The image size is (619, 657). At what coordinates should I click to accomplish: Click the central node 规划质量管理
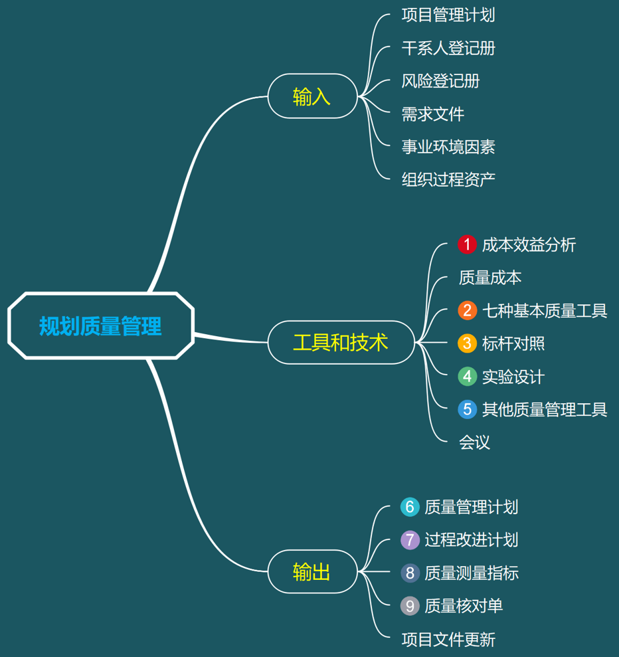click(100, 326)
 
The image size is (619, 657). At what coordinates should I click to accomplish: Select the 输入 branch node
click(312, 96)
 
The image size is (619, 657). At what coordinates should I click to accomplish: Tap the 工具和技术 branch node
click(341, 343)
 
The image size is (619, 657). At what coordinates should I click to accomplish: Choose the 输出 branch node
click(312, 572)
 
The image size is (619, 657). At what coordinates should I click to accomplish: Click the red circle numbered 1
click(468, 244)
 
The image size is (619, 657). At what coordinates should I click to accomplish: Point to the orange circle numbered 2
click(468, 310)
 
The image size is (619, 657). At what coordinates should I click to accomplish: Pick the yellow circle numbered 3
click(468, 343)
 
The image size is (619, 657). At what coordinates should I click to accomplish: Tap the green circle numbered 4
click(468, 377)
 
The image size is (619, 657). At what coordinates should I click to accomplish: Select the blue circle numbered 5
click(468, 409)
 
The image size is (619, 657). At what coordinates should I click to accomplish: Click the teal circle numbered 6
click(410, 507)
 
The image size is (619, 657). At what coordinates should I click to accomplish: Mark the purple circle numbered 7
click(410, 539)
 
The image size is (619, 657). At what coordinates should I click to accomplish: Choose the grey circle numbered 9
click(410, 606)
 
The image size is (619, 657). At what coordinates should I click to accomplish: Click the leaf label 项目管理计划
click(448, 15)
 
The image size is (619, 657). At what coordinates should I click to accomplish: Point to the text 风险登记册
click(440, 81)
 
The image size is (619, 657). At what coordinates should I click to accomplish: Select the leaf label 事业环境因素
click(448, 147)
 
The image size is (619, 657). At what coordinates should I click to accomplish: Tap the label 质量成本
click(490, 278)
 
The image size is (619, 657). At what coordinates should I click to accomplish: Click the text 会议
click(474, 442)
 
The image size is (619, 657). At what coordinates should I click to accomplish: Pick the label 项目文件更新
click(448, 640)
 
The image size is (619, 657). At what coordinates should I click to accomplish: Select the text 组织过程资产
click(448, 179)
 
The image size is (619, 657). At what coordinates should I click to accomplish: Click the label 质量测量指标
click(472, 573)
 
